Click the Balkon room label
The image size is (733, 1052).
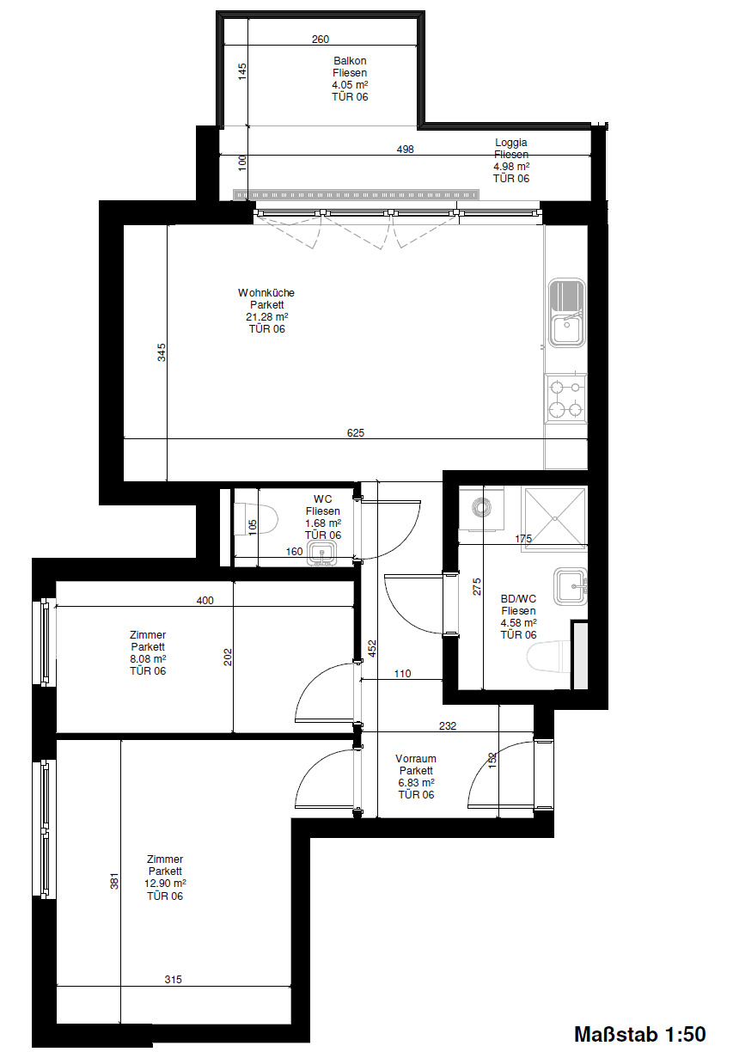click(x=350, y=60)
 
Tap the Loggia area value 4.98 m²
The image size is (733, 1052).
click(x=511, y=166)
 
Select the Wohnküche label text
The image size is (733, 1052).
click(x=266, y=292)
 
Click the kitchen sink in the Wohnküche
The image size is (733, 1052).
click(x=567, y=313)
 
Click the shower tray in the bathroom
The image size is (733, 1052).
click(x=555, y=518)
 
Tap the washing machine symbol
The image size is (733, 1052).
click(x=482, y=509)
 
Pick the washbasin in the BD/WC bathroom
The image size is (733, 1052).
click(x=571, y=586)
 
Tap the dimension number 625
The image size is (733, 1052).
click(x=356, y=432)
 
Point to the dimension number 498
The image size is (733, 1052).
click(x=406, y=149)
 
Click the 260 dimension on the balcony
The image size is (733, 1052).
click(x=321, y=39)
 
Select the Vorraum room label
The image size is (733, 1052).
click(x=416, y=758)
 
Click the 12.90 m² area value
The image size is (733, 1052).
click(x=165, y=884)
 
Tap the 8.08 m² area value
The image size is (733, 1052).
click(x=148, y=659)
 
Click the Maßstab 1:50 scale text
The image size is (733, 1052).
click(x=639, y=1034)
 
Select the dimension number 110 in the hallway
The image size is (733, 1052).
click(x=402, y=674)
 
